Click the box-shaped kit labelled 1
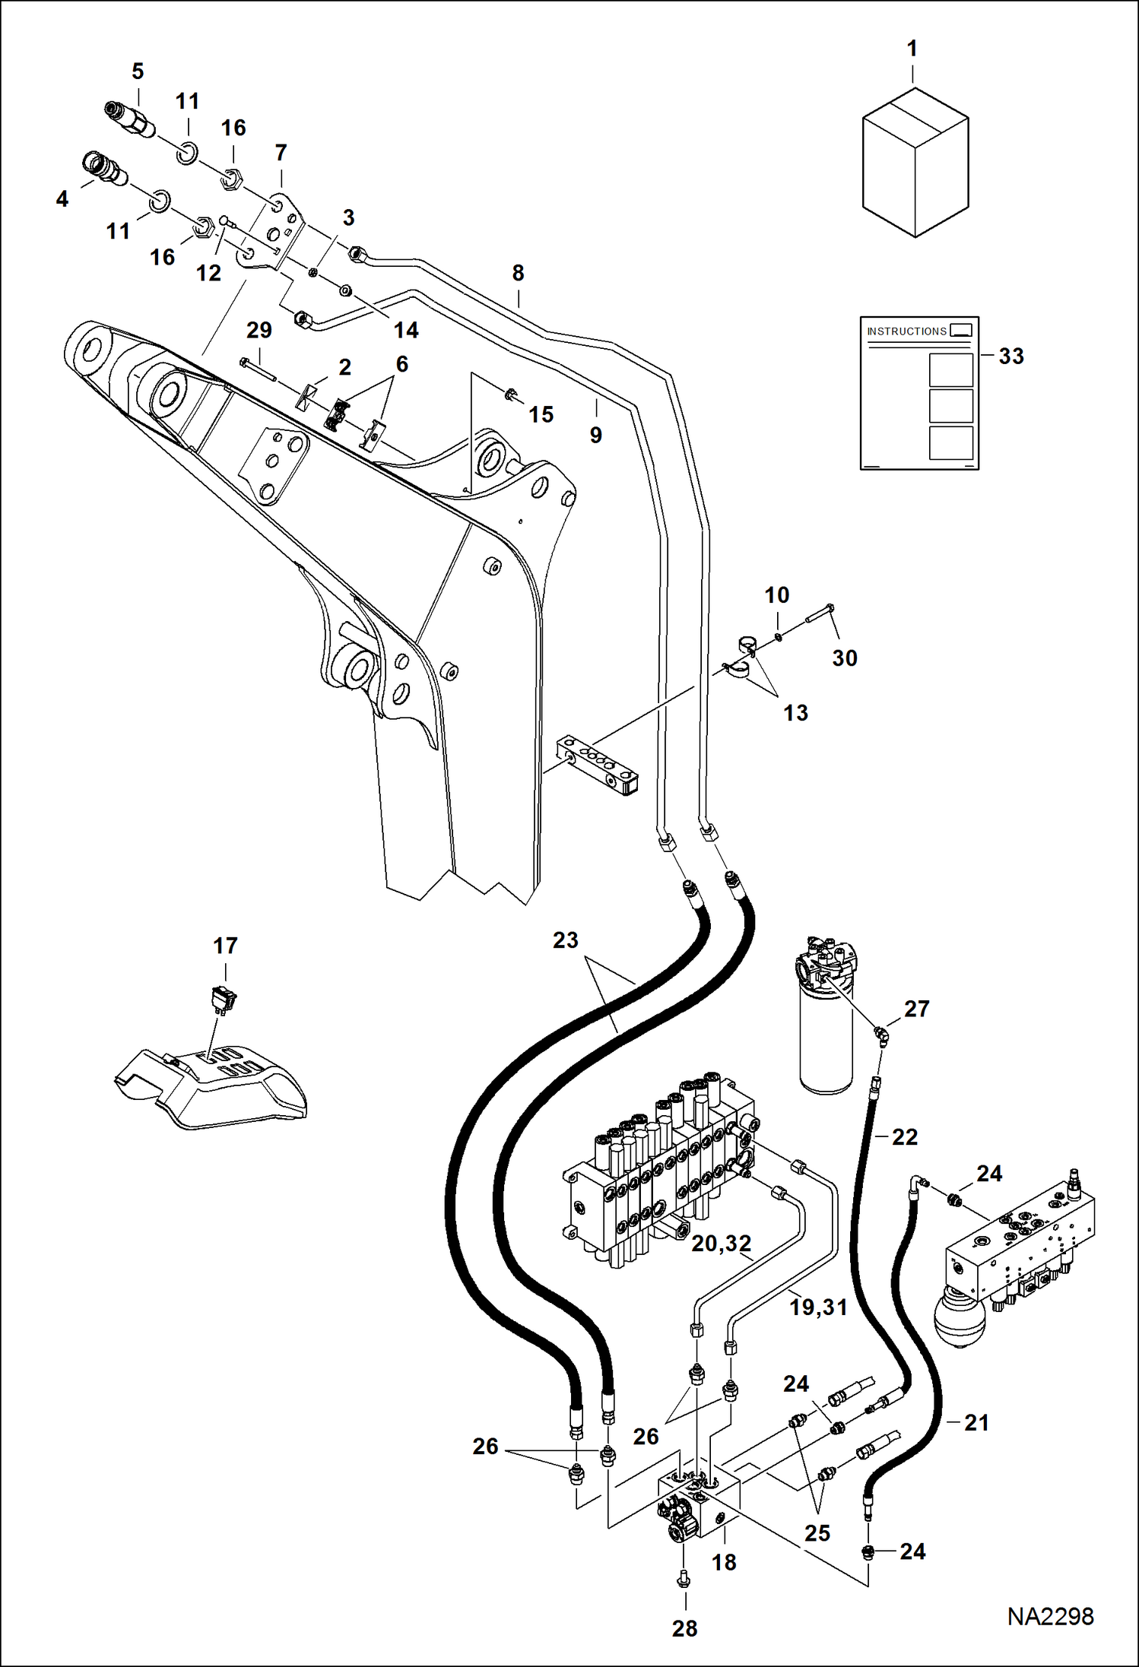[915, 163]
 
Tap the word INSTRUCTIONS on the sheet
[906, 331]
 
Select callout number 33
[1011, 356]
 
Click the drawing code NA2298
[1050, 1616]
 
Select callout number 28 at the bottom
[684, 1628]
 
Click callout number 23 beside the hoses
[565, 940]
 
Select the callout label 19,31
[817, 1307]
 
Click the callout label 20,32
[721, 1244]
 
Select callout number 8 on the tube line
[518, 273]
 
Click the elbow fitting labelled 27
[882, 1036]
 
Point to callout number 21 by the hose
[976, 1422]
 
